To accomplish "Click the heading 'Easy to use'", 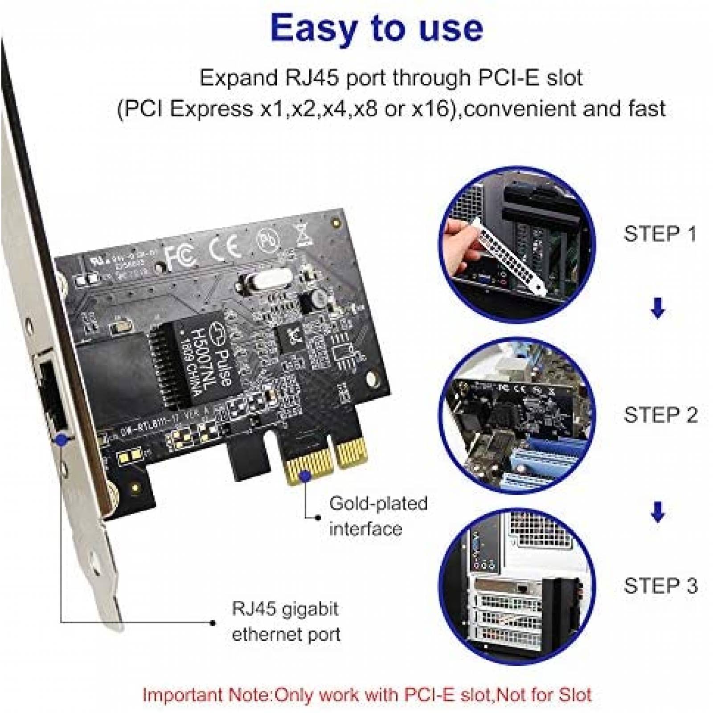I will coord(377,28).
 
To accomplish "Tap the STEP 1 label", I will coord(660,234).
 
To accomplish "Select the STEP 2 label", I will coord(660,415).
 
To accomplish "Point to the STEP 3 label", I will coord(660,586).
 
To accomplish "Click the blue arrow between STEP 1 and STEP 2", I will coord(658,308).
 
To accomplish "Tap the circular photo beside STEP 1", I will coord(517,244).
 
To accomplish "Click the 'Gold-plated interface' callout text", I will coord(378,516).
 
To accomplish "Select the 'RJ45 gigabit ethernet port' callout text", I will coord(285,621).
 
